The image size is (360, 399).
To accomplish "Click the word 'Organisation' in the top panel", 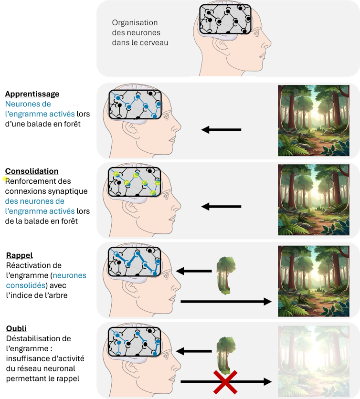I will [x=135, y=22].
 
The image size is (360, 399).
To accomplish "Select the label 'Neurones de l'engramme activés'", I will [x=40, y=109].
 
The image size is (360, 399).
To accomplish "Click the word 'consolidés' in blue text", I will [x=26, y=285].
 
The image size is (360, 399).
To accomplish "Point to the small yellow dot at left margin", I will [x=5, y=179].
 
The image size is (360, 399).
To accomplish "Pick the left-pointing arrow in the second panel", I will [x=221, y=129].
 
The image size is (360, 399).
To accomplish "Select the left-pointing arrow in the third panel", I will [x=221, y=207].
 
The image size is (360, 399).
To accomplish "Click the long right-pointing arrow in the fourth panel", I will [x=226, y=301].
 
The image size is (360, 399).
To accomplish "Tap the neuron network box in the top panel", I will [x=225, y=20].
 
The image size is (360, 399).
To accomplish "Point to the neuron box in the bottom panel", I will [x=135, y=342].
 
